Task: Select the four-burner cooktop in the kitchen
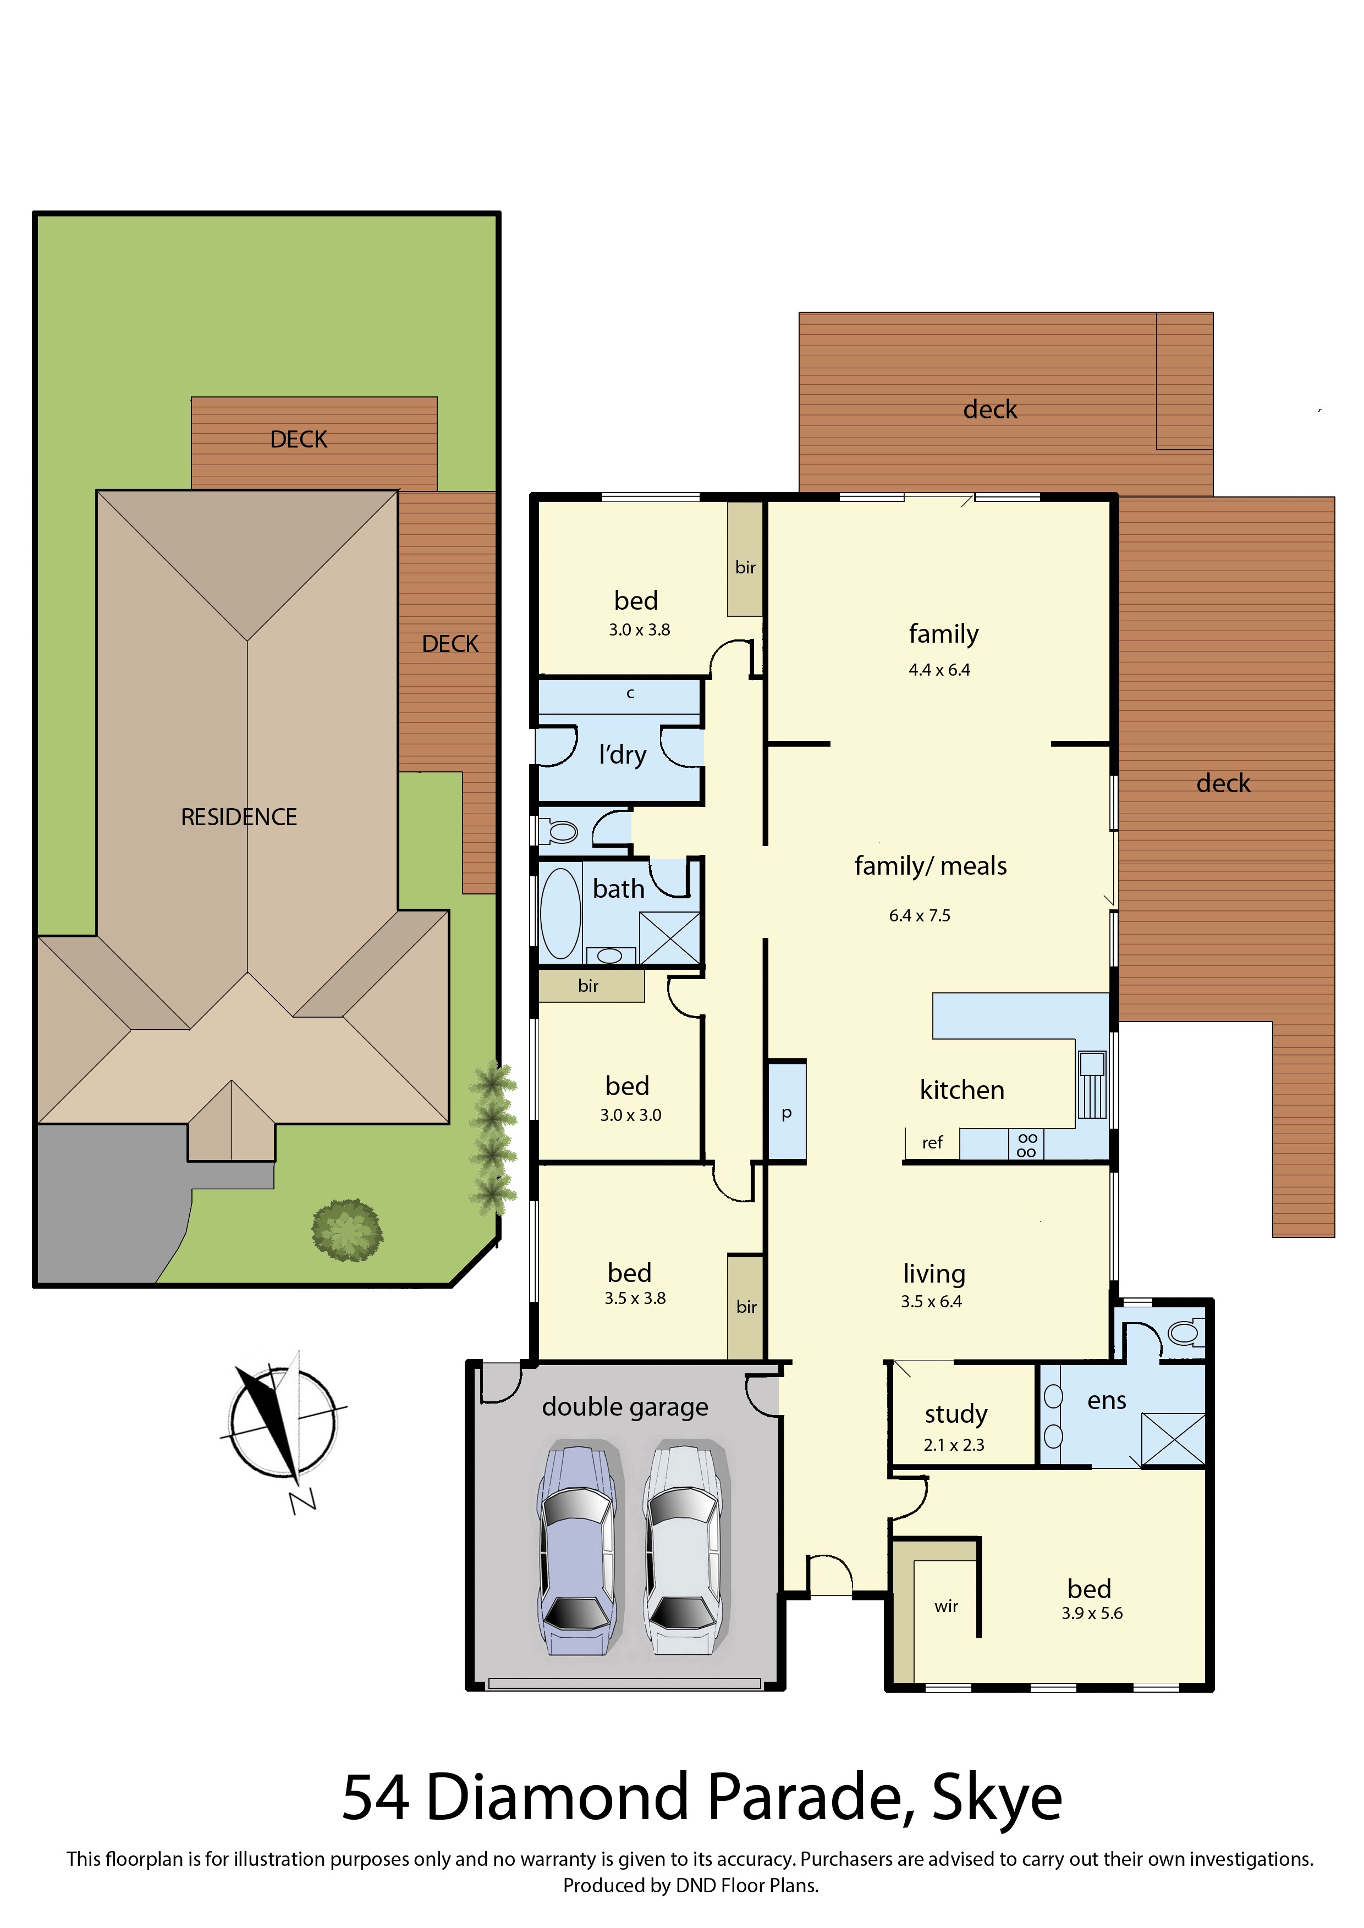click(x=1026, y=1145)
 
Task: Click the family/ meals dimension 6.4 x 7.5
click(x=920, y=915)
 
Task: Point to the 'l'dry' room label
click(x=623, y=754)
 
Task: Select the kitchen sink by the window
click(x=1092, y=1084)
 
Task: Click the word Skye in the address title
click(x=997, y=1799)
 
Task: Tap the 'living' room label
click(x=934, y=1275)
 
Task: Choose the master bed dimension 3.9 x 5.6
click(x=1091, y=1613)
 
